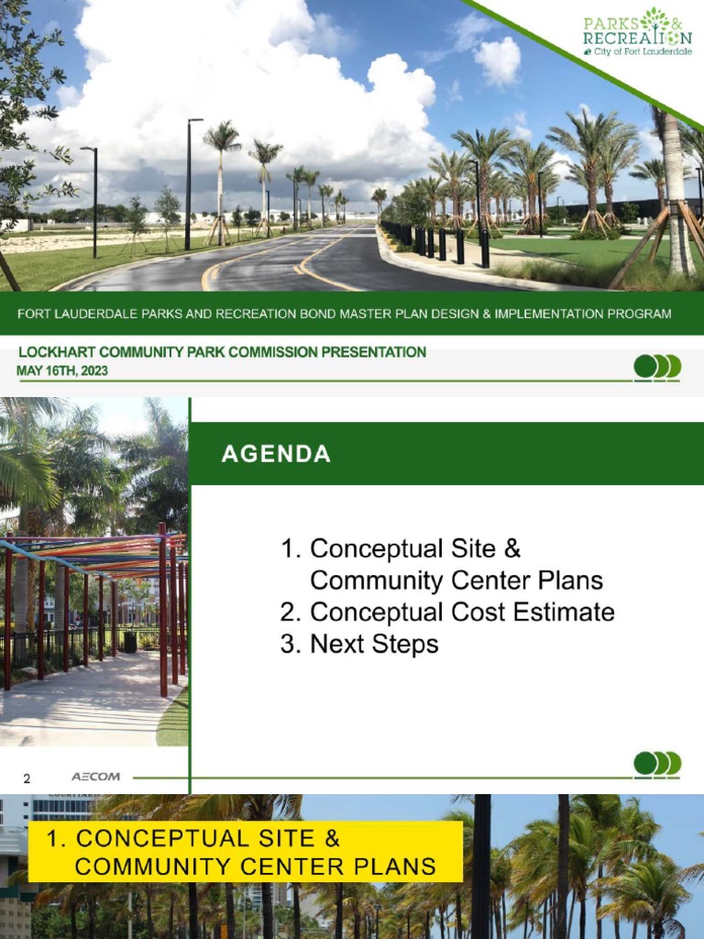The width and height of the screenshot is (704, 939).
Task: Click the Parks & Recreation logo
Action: pos(637,32)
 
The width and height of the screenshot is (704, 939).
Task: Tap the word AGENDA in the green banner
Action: pos(276,454)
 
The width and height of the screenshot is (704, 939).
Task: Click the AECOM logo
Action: pos(95,777)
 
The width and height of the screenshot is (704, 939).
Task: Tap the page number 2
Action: pos(27,779)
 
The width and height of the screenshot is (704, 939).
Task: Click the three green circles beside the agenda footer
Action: pos(657,763)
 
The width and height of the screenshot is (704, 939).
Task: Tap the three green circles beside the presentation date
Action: pos(657,367)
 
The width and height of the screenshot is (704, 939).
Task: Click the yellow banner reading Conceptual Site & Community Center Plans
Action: pos(245,852)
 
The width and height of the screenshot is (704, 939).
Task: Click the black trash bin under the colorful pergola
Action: pos(130,642)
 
